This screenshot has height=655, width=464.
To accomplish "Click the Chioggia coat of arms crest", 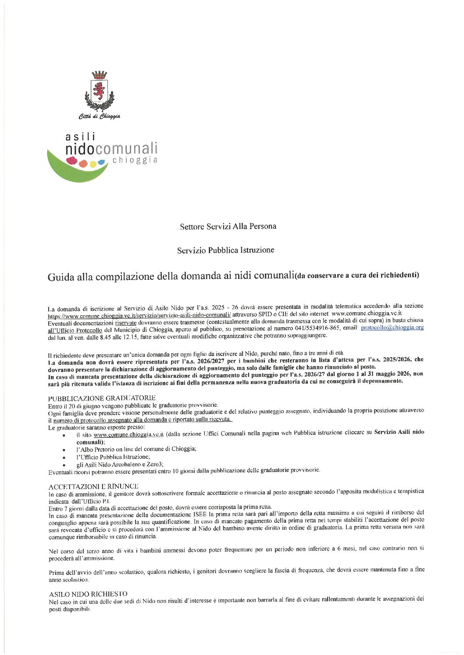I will click(x=100, y=91).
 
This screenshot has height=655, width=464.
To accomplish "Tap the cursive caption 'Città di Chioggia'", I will click(x=100, y=116).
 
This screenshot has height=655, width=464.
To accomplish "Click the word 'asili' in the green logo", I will click(x=80, y=137).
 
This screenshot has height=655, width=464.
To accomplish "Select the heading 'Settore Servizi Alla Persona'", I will click(x=228, y=226).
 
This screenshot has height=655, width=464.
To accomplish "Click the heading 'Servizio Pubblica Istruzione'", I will click(x=225, y=250).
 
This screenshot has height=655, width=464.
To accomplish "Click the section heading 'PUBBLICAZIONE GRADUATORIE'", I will click(x=102, y=398).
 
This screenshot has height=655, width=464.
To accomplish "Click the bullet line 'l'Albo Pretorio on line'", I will click(x=136, y=449).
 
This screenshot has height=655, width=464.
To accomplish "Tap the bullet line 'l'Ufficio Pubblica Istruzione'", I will click(x=113, y=457).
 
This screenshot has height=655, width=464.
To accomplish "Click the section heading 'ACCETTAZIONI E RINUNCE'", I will click(x=93, y=486).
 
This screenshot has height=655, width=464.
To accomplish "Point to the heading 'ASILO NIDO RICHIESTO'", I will click(x=88, y=594).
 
